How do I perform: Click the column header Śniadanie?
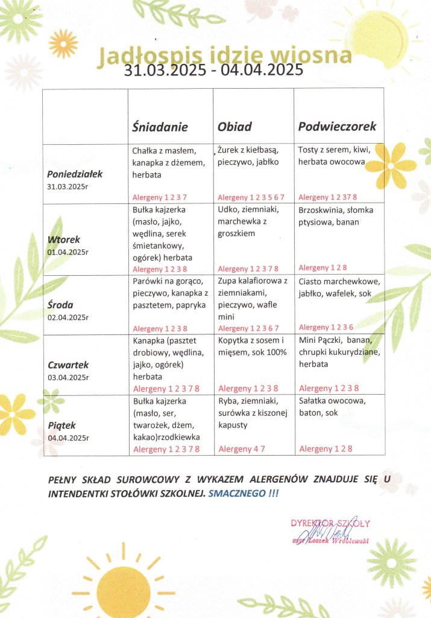(x=160, y=127)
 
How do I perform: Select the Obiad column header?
(x=234, y=127)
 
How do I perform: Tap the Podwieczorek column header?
(x=337, y=126)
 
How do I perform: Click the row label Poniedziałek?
(x=75, y=174)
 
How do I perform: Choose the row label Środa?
(x=60, y=304)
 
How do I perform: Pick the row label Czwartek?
(x=68, y=365)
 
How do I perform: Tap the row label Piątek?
(x=62, y=425)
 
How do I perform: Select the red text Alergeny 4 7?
(x=241, y=448)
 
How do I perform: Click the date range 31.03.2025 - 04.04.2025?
(x=213, y=71)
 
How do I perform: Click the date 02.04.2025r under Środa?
(x=68, y=317)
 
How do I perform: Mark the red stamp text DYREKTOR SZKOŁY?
(x=330, y=523)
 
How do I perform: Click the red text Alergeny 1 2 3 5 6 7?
(x=251, y=197)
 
